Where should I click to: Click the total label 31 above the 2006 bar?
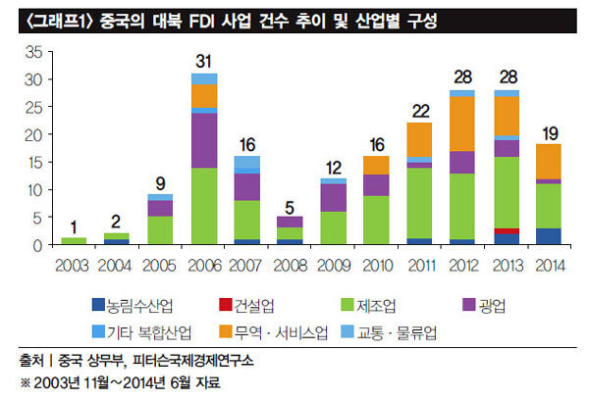[203, 61]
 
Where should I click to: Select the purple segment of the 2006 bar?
[203, 139]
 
